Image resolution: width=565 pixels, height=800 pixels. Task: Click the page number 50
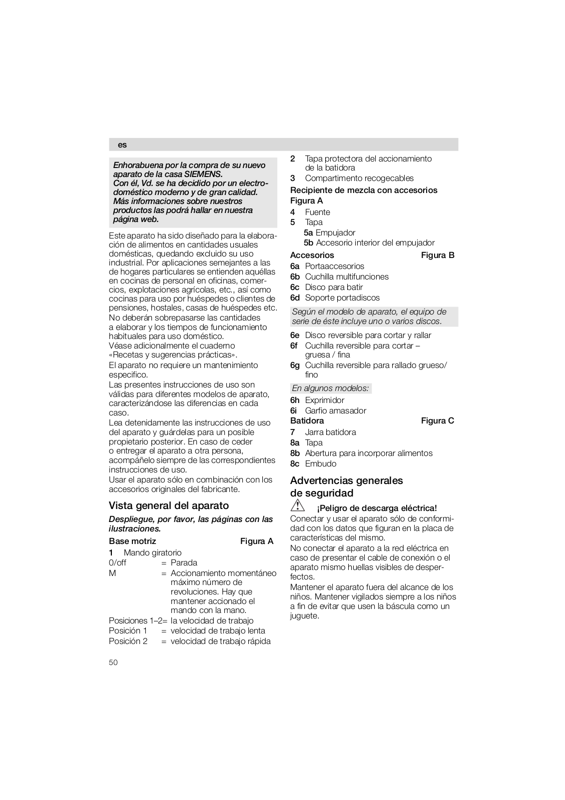point(113,662)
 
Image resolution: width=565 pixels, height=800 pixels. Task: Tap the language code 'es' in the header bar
point(122,145)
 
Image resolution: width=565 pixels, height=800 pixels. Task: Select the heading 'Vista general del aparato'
point(168,505)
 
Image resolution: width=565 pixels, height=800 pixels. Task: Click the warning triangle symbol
point(298,505)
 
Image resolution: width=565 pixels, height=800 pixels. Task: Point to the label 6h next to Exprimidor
point(295,400)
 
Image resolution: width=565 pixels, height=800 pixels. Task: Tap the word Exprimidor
point(325,400)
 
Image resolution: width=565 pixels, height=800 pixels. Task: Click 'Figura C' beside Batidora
point(438,420)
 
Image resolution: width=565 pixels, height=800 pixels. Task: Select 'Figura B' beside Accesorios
point(438,255)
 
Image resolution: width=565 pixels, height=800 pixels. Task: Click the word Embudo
point(321,463)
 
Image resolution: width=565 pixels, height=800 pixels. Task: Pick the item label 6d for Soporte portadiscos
point(295,297)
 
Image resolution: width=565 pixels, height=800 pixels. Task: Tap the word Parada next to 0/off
point(184,562)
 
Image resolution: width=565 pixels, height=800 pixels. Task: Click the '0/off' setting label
point(117,562)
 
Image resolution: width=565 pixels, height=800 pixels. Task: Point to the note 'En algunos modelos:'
point(330,388)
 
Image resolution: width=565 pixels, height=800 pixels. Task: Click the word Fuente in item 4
point(318,212)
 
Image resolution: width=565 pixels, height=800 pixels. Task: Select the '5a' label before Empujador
point(308,232)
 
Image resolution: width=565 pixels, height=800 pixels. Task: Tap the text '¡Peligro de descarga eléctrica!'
point(377,508)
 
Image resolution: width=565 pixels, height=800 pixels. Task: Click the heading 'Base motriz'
point(132,541)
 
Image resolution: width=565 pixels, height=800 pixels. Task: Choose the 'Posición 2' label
point(128,641)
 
